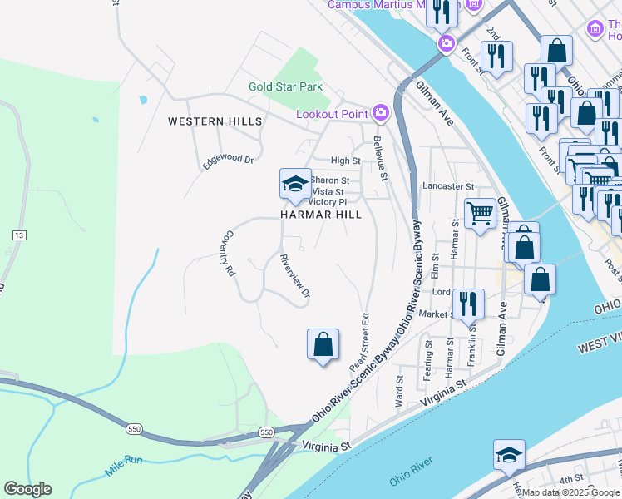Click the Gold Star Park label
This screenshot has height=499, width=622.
[x=285, y=86]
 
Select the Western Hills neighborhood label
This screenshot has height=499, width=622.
[x=215, y=121]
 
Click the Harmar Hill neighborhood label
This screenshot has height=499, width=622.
[x=320, y=215]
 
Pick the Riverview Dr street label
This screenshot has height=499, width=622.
[x=295, y=275]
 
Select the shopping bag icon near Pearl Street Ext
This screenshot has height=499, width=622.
[x=323, y=344]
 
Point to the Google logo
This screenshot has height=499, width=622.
[x=27, y=489]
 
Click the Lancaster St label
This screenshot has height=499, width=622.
[x=447, y=187]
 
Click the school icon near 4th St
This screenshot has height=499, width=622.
[x=509, y=456]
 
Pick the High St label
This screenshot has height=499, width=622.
[x=345, y=161]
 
